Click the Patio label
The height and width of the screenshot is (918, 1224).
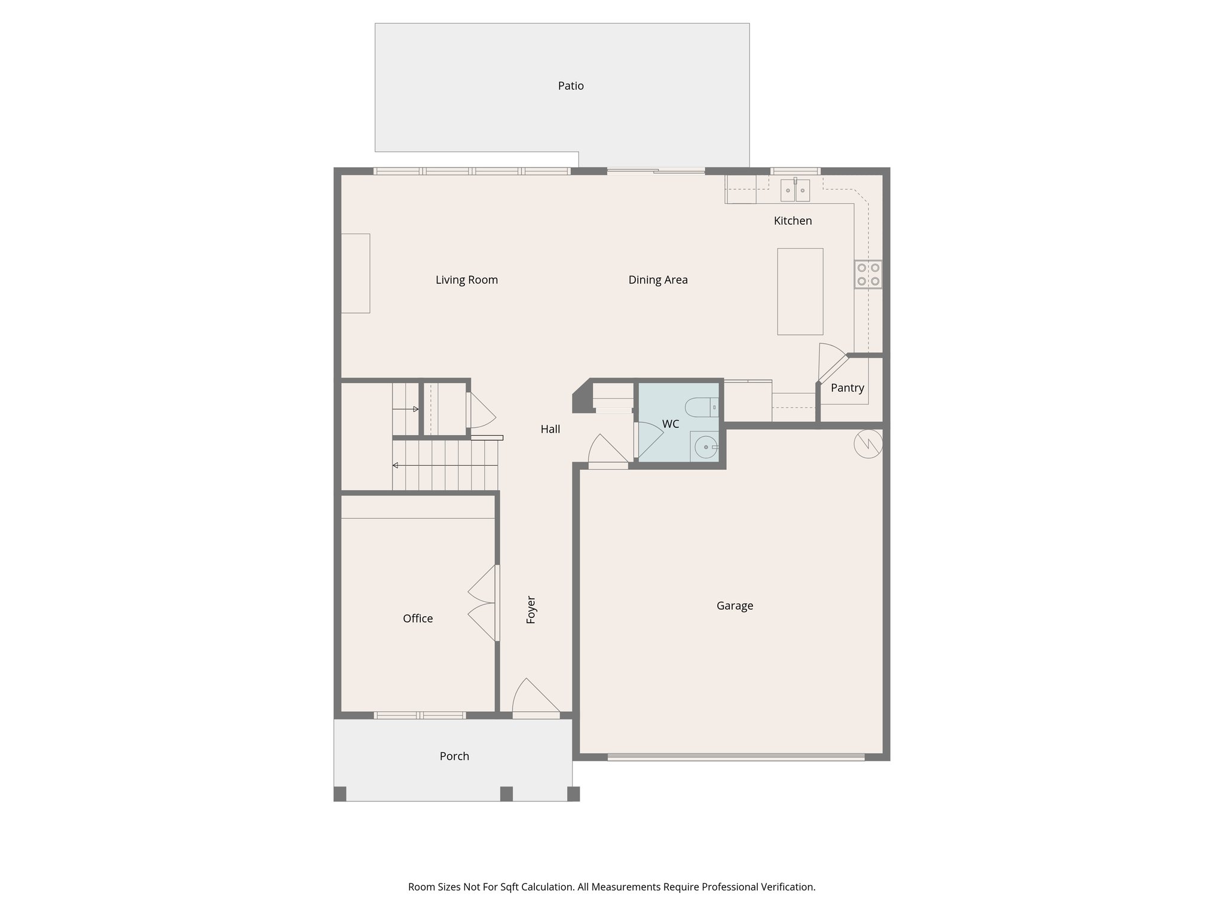[x=571, y=86]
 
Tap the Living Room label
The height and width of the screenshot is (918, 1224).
[x=466, y=280]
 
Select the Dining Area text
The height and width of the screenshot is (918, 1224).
[x=657, y=280]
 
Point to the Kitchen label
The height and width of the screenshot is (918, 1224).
[x=792, y=221]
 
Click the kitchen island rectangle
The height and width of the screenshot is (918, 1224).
[x=800, y=291]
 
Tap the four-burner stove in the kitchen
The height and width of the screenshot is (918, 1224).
[x=868, y=274]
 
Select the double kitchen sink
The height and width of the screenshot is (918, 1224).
[x=795, y=191]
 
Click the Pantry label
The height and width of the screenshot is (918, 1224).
[x=847, y=388]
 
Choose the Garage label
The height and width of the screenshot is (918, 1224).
[x=735, y=605]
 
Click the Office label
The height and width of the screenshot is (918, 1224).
[x=417, y=619]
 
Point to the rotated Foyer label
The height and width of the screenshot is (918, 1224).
[x=531, y=610]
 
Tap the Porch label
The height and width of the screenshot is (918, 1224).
[x=454, y=756]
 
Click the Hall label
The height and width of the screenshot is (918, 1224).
[x=550, y=429]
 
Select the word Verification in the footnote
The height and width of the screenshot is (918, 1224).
[x=788, y=887]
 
